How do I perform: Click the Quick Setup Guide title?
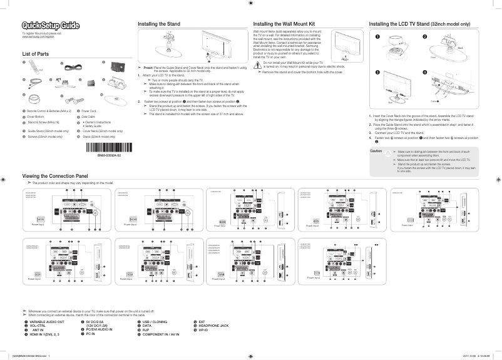coord(51,25)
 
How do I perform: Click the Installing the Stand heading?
coord(159,24)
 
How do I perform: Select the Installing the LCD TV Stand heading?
coord(419,24)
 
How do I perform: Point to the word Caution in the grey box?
coord(376,151)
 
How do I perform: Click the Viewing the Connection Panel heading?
coord(55,177)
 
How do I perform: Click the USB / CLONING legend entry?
coord(156,321)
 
